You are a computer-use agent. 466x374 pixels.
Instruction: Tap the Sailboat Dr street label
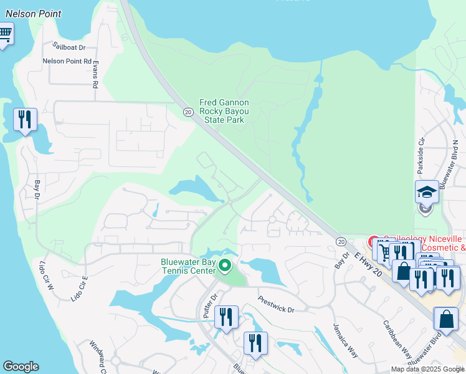[x=69, y=46]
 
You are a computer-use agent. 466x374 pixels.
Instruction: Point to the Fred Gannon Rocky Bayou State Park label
[x=224, y=111]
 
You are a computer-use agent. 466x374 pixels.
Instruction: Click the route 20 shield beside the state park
[x=188, y=111]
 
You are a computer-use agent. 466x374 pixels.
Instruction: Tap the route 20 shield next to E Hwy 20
[x=341, y=241]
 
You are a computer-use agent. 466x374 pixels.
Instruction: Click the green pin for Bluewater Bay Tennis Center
[x=225, y=266]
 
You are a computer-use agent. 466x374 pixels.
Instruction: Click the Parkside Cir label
[x=420, y=161]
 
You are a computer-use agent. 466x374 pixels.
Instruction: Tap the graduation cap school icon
[x=427, y=191]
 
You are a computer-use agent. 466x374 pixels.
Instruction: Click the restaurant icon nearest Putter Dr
[x=226, y=316]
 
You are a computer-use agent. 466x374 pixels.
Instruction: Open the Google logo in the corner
[x=21, y=367]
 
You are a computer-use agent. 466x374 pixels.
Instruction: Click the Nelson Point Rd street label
[x=67, y=61]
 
